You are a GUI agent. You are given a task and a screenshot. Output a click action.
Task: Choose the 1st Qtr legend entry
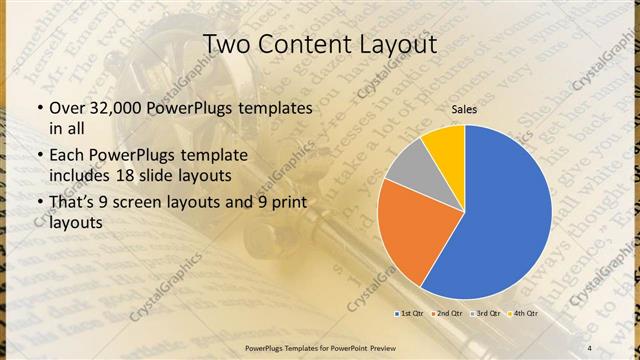coord(410,314)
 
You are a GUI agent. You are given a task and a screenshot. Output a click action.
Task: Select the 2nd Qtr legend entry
coord(447,314)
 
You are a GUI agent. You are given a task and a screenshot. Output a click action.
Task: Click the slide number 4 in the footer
coord(589,346)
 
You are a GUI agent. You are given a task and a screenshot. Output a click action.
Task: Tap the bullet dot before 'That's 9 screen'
coord(40,204)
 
